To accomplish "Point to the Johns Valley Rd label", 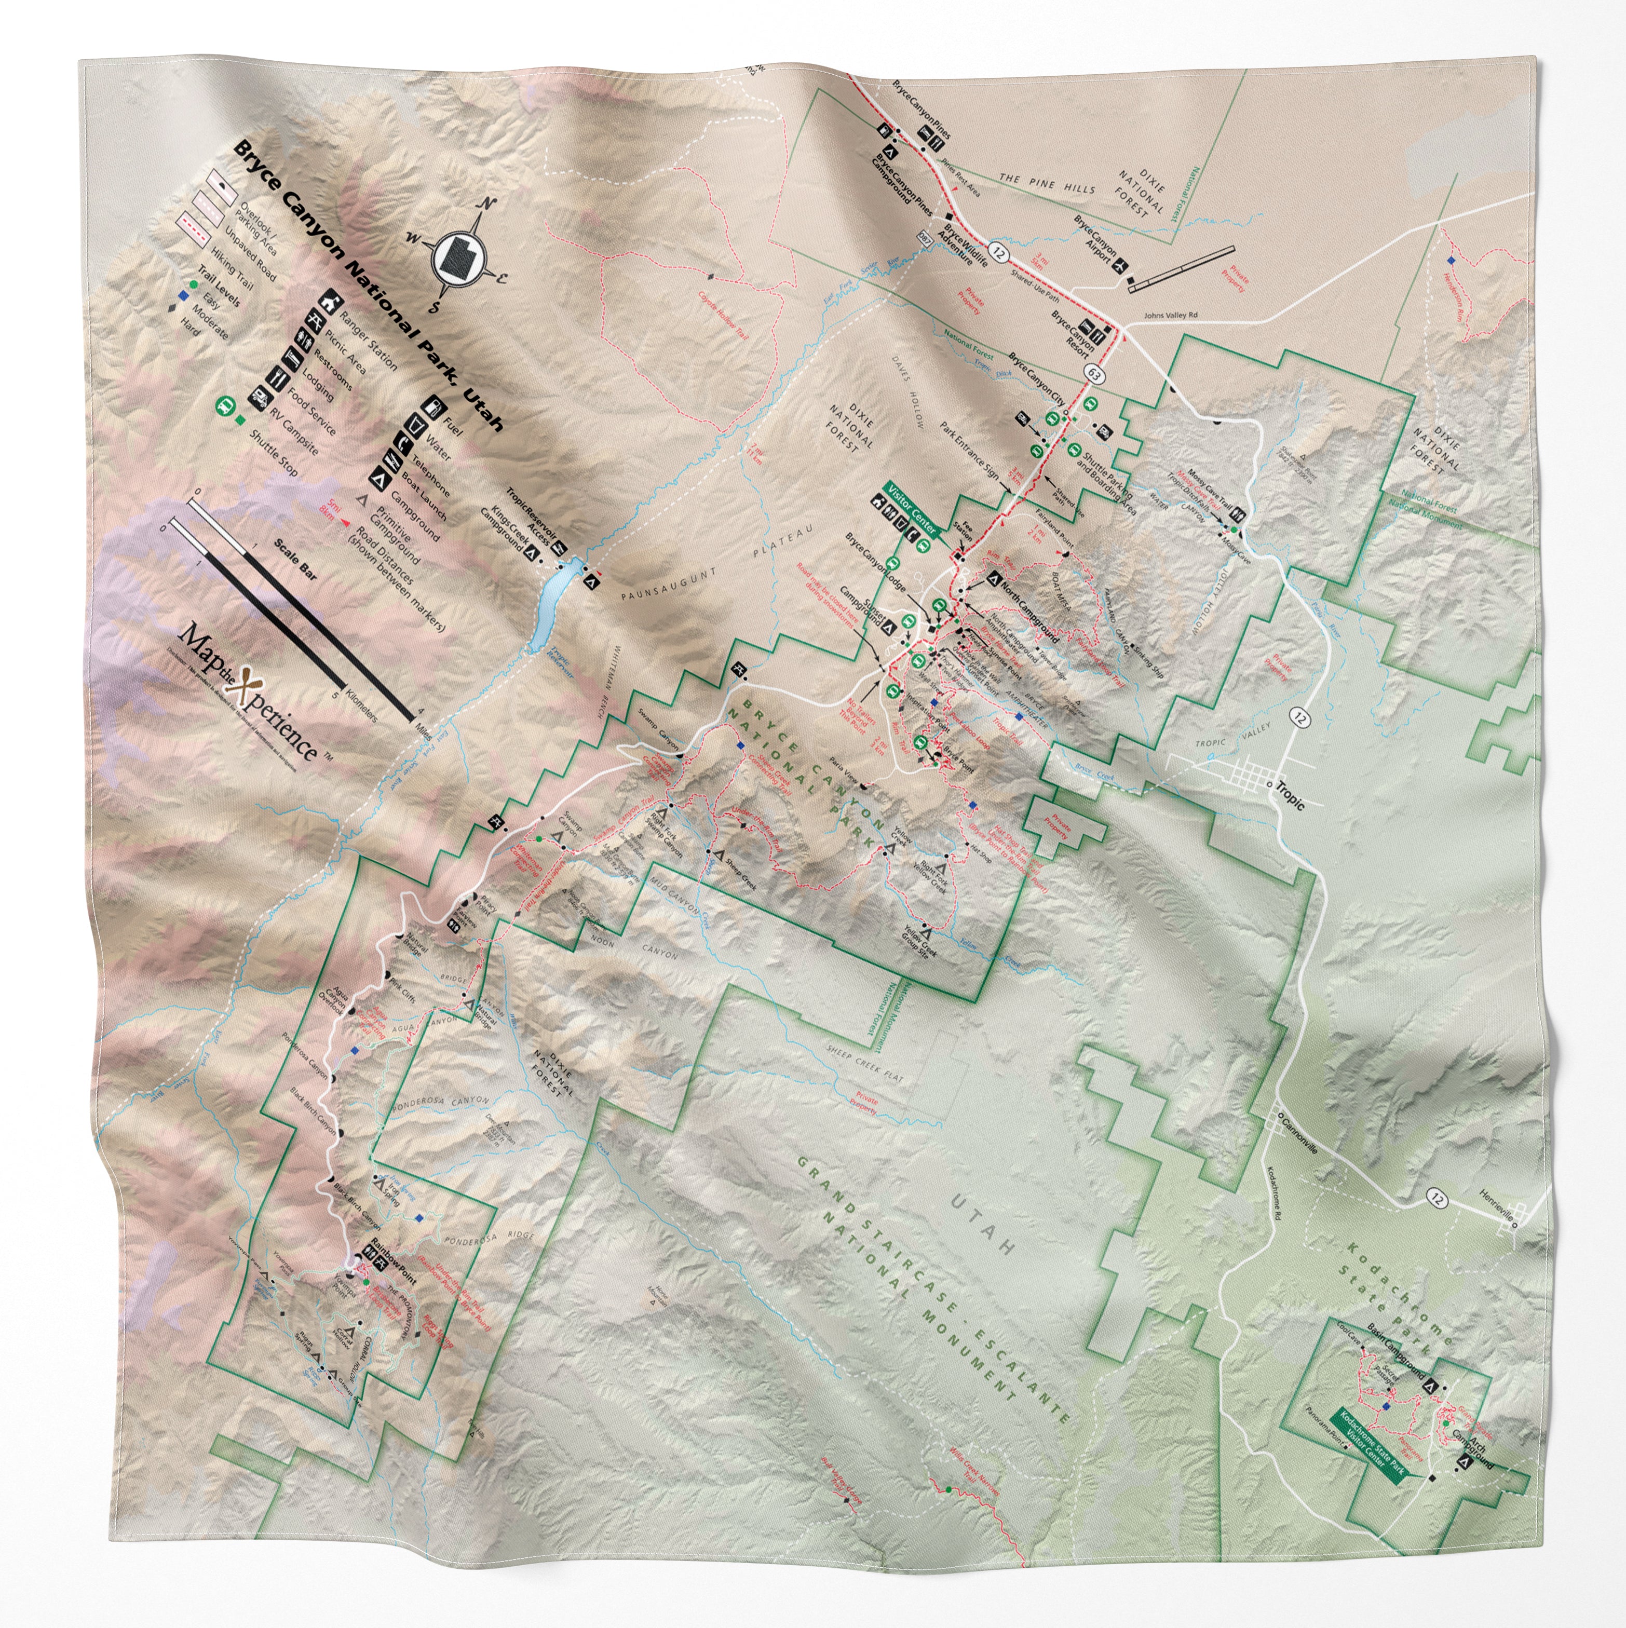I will (1170, 316).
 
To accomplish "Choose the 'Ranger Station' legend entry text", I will (368, 341).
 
